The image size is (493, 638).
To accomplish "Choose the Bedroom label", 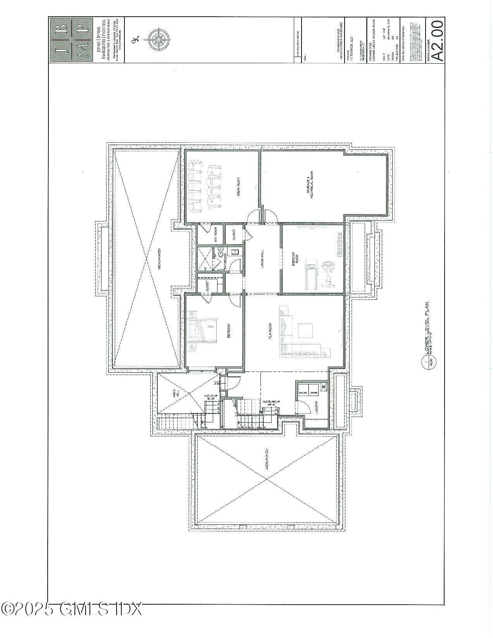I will pyautogui.click(x=228, y=331).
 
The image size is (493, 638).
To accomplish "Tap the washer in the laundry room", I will pyautogui.click(x=303, y=392).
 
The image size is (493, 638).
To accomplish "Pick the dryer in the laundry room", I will pyautogui.click(x=314, y=392).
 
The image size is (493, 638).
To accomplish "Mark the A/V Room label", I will pyautogui.click(x=215, y=234).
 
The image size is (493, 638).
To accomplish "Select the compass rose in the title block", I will pyautogui.click(x=158, y=39).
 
